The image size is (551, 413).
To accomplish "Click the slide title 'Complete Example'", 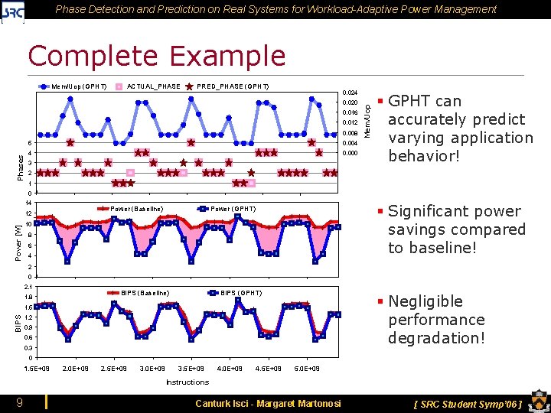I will click(x=156, y=56).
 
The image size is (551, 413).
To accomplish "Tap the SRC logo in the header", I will click(x=13, y=11).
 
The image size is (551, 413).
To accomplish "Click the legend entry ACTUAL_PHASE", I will click(x=153, y=86).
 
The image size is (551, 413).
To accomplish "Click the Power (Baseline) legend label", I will click(x=137, y=209).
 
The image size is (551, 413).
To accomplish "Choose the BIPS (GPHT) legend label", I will click(x=241, y=293).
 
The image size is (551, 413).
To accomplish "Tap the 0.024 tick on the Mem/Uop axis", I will click(x=350, y=92).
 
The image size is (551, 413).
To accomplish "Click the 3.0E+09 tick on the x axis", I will click(x=152, y=369).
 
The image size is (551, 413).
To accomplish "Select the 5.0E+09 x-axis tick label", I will click(x=307, y=369).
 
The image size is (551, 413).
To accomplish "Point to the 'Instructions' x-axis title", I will click(x=187, y=382).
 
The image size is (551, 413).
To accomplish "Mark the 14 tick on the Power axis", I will click(x=28, y=203).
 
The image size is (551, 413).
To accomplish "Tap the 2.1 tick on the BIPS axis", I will click(x=28, y=287).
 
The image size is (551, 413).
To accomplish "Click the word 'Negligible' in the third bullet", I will click(x=425, y=301).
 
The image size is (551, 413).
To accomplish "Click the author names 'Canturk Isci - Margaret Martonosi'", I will click(x=268, y=403).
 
